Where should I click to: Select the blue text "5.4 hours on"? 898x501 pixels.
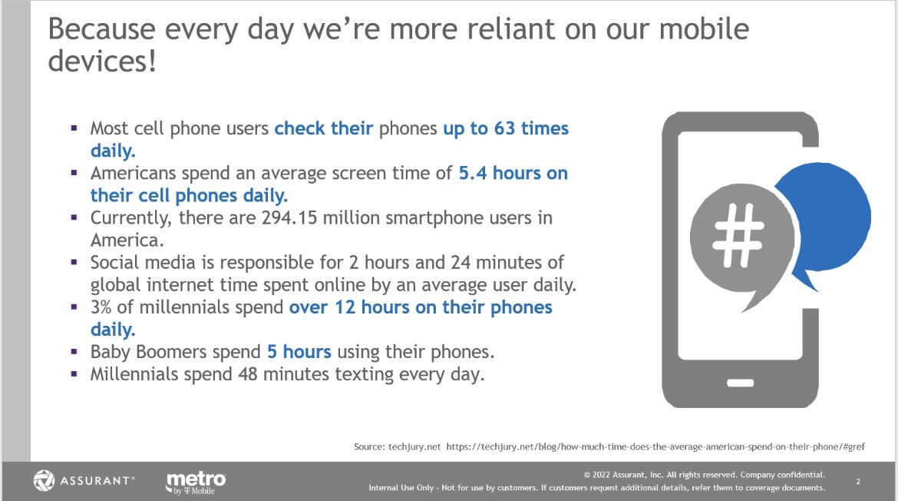click(x=513, y=173)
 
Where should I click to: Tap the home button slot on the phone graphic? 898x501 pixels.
click(x=741, y=382)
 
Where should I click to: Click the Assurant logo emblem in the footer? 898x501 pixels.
click(x=45, y=481)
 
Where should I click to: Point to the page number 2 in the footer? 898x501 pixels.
click(x=858, y=482)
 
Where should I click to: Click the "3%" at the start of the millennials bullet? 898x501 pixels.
click(x=103, y=307)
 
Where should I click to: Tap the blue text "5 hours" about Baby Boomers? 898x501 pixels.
click(x=299, y=352)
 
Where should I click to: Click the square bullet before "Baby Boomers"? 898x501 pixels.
click(x=74, y=352)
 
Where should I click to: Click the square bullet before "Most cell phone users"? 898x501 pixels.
click(x=74, y=128)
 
